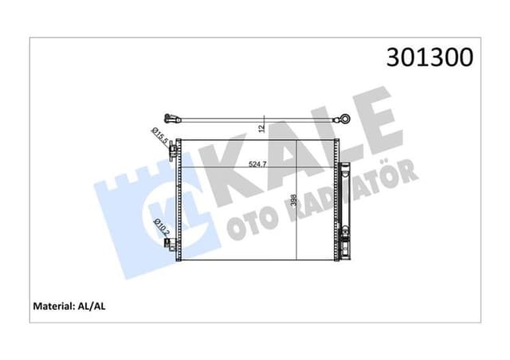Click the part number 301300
(430, 57)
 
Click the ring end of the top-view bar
(345, 119)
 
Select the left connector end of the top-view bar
(169, 115)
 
